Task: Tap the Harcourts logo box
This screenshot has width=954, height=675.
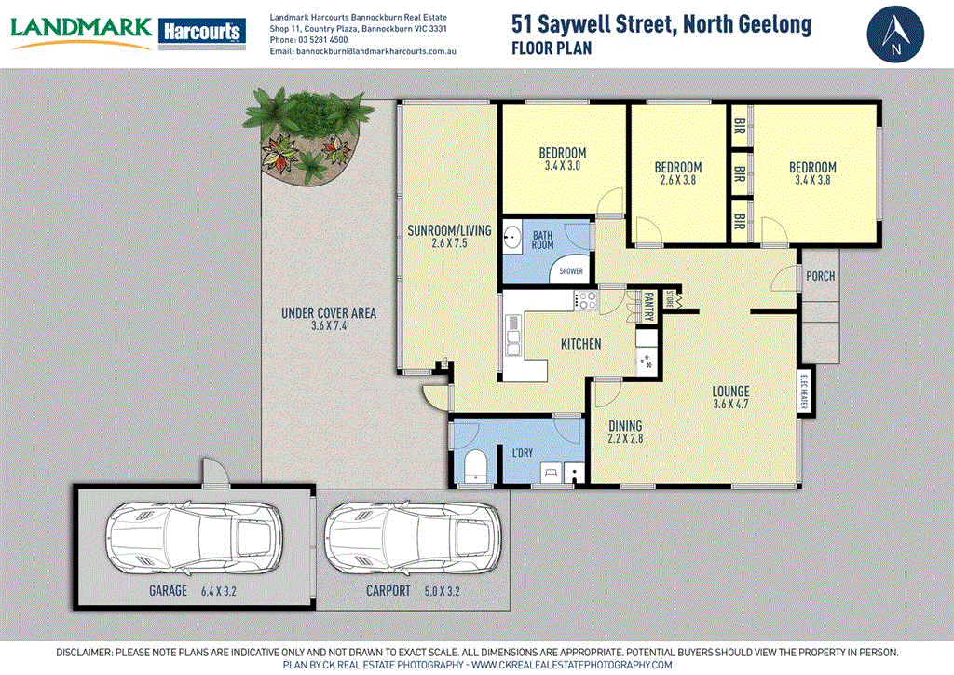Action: (x=201, y=32)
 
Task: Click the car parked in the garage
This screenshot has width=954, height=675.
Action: (x=194, y=541)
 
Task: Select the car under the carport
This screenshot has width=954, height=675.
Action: (x=414, y=541)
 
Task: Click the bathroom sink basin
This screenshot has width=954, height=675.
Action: (x=511, y=238)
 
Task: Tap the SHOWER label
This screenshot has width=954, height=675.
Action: (x=570, y=271)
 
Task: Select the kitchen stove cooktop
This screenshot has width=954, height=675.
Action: (x=588, y=300)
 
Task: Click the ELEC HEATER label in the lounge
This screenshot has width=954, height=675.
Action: (x=803, y=392)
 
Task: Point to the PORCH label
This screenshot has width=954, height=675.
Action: (x=820, y=276)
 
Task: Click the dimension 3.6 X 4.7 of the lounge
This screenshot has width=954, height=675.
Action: (x=730, y=405)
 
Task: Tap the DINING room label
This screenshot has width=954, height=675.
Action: (x=625, y=426)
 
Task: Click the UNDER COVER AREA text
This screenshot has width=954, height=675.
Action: (x=328, y=313)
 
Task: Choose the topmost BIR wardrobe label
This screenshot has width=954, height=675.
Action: (x=740, y=125)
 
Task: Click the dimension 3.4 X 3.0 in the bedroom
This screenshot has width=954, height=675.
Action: (x=562, y=166)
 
